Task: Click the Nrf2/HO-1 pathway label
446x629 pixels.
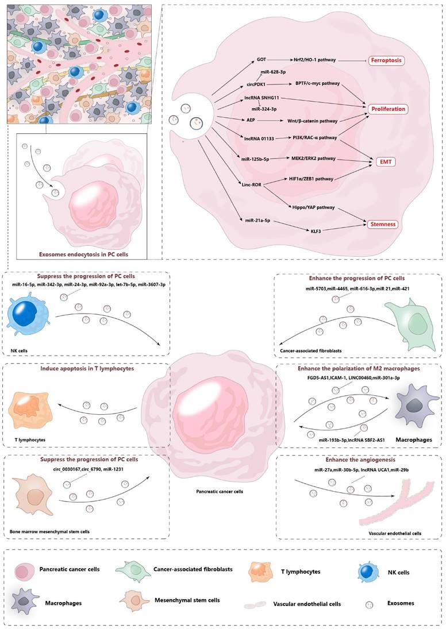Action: coord(317,60)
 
